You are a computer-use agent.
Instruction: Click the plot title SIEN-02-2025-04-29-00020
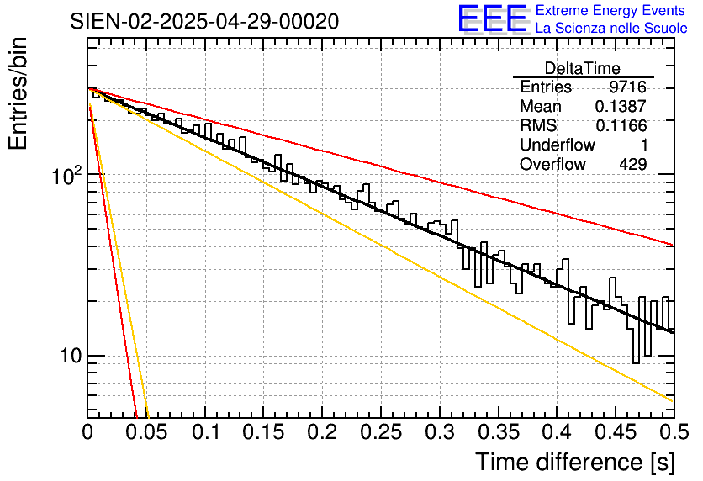pos(205,21)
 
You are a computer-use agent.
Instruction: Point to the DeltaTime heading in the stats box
pos(583,68)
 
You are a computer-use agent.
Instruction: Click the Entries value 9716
pos(628,87)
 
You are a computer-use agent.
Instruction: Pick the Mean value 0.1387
pos(621,107)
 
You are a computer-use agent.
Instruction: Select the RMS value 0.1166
pos(621,126)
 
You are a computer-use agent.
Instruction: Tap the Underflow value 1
pos(643,145)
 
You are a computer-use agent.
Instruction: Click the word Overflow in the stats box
pos(552,165)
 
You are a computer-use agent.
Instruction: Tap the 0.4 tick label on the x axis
pos(557,432)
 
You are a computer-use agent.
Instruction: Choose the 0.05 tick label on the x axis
pos(146,432)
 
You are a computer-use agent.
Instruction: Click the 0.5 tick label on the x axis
pos(673,432)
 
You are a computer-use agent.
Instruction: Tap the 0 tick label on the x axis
pos(88,432)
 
